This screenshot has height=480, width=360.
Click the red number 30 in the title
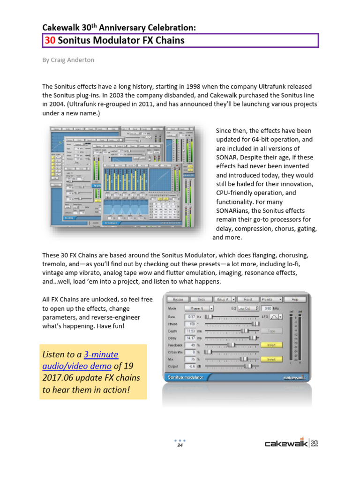coord(50,40)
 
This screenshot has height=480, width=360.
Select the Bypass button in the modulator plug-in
coord(178,299)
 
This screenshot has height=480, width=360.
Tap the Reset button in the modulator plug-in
coord(248,299)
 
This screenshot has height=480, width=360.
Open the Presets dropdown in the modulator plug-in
coord(272,299)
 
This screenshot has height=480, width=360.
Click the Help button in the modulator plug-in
coord(295,299)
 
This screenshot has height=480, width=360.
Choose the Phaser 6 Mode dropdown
coord(199,308)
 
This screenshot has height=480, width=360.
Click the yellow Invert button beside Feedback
coord(271,345)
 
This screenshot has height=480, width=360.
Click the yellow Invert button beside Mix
coord(271,359)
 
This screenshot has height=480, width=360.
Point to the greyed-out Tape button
coord(271,331)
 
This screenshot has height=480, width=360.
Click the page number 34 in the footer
coord(180,445)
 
